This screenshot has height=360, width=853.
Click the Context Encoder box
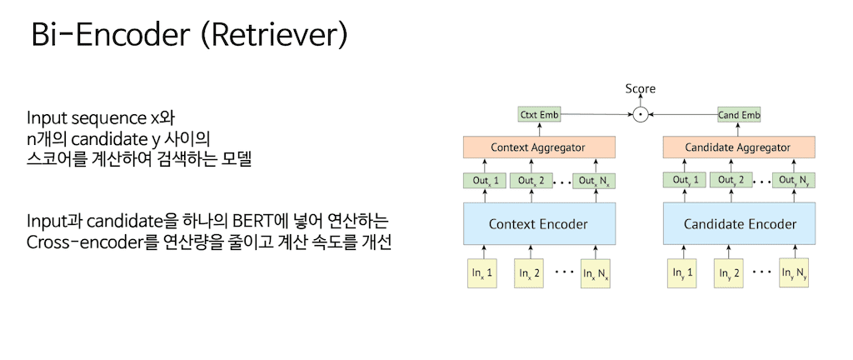(x=537, y=224)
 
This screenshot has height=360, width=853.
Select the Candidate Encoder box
(x=739, y=224)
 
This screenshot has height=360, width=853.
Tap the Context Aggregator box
(x=537, y=147)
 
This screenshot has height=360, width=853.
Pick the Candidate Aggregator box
(x=737, y=147)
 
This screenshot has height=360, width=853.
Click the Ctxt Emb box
(x=538, y=114)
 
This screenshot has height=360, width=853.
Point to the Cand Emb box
(x=739, y=114)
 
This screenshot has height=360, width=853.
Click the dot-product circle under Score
(x=639, y=114)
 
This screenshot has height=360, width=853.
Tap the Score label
(x=640, y=88)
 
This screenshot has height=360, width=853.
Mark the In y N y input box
(x=793, y=272)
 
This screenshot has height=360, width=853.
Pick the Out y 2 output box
(x=731, y=180)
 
